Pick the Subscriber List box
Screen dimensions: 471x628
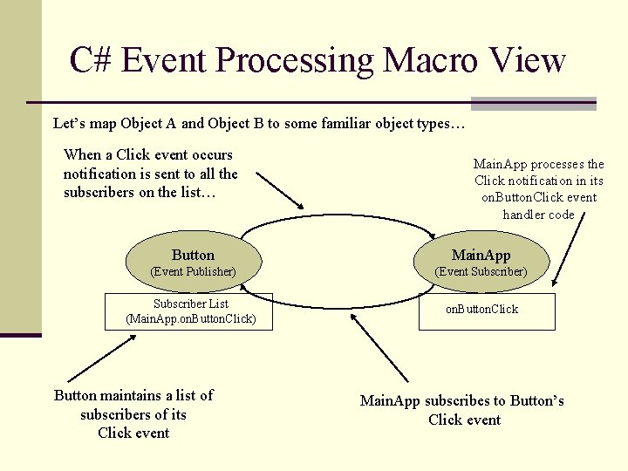click(191, 311)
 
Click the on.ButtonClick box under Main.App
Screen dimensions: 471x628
click(486, 311)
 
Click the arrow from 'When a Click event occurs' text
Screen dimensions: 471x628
click(279, 188)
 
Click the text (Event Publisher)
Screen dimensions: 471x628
click(193, 272)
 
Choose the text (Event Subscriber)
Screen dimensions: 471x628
click(481, 272)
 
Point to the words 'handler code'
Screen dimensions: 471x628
click(538, 215)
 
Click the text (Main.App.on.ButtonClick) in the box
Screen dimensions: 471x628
click(191, 318)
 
